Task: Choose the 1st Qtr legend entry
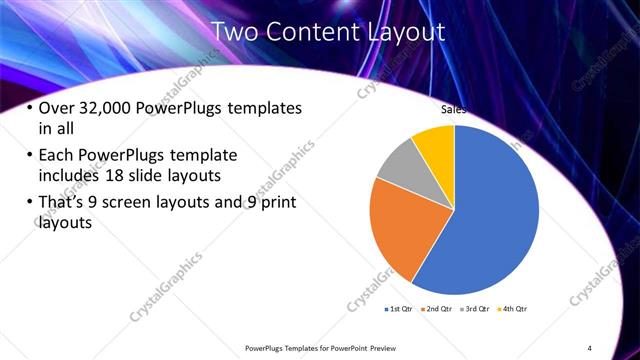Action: [398, 309]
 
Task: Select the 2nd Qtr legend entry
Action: [438, 309]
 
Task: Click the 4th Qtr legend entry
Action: [513, 309]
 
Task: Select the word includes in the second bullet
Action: [69, 177]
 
